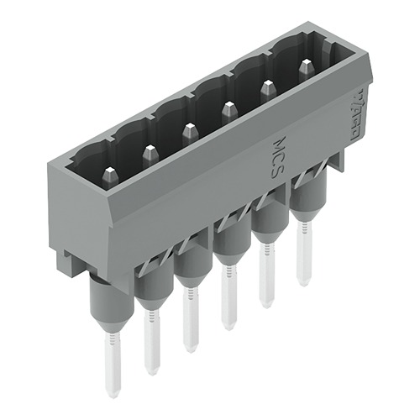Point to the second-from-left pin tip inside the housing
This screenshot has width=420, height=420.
(x=150, y=153)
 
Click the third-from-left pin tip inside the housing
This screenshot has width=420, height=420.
(x=189, y=131)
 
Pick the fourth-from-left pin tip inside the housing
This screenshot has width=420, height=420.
(x=228, y=108)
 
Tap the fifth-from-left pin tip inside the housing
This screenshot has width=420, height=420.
(x=268, y=87)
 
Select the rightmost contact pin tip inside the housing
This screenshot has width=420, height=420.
(x=307, y=66)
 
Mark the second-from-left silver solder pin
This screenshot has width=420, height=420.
(x=151, y=341)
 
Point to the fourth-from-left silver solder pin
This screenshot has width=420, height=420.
(x=227, y=297)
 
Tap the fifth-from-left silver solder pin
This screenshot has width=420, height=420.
(x=266, y=276)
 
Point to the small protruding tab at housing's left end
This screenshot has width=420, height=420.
(x=68, y=260)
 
